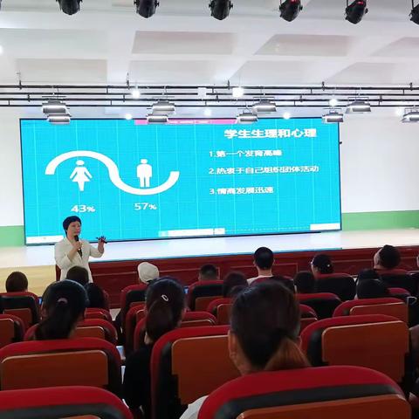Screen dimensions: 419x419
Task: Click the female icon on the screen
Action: (80, 175)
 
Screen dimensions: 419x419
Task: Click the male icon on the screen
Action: (144, 173)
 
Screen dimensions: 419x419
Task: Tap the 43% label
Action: (83, 208)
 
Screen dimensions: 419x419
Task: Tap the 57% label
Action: (146, 206)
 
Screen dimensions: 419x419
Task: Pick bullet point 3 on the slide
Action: (242, 189)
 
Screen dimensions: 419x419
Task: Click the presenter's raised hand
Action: (102, 238)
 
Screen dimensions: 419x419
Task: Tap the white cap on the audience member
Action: (148, 271)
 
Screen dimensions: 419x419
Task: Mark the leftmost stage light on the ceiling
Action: (69, 6)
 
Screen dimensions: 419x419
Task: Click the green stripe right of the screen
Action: (380, 219)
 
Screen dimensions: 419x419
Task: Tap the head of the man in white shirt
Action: (263, 258)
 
